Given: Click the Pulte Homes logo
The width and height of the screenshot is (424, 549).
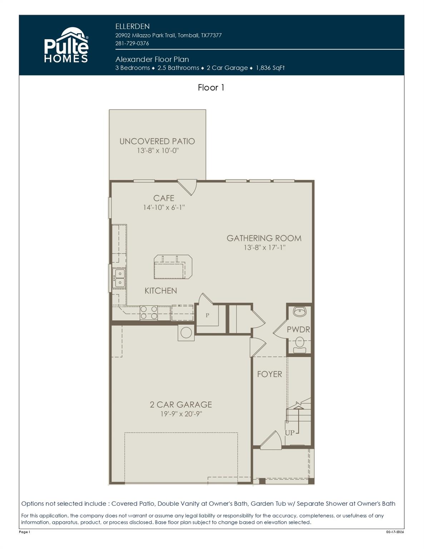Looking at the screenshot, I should [x=66, y=45].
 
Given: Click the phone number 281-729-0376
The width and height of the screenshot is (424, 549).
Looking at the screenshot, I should [x=132, y=43].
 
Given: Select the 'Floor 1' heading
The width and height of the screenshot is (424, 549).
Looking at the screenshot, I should [x=211, y=88].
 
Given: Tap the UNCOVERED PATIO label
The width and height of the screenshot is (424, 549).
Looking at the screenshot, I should [x=157, y=141].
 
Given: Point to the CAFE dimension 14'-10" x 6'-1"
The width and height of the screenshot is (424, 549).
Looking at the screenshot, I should [x=164, y=207].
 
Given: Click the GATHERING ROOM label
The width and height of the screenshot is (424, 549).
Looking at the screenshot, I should [x=264, y=238].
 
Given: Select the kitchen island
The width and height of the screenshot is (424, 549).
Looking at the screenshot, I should [x=173, y=267].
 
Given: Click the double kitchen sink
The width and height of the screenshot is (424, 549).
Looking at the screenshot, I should [x=119, y=278].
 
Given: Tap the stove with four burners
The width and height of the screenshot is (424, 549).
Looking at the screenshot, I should [x=149, y=313].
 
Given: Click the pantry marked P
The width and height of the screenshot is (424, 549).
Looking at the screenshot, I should [x=207, y=315].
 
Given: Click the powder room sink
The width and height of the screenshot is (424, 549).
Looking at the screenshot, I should [x=299, y=312].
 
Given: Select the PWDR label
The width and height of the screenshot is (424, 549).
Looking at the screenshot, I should [x=298, y=330].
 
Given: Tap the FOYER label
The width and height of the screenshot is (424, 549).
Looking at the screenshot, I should [x=270, y=374].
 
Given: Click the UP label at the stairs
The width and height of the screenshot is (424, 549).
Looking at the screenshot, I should [x=290, y=432].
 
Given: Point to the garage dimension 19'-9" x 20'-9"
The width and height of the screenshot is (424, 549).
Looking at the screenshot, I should [x=181, y=414].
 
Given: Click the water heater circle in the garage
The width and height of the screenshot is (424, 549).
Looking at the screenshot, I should [x=186, y=332].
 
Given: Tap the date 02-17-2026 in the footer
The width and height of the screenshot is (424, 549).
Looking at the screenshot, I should [x=395, y=532].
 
